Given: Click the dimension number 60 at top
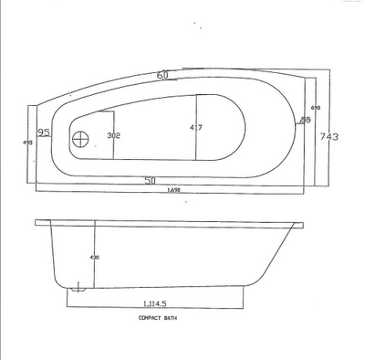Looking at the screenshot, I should click(164, 75).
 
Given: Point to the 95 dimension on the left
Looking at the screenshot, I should click(45, 133).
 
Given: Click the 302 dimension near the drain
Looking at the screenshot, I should click(114, 135).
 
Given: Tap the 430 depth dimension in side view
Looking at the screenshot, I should click(94, 257).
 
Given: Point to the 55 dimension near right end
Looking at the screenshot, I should click(306, 120).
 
